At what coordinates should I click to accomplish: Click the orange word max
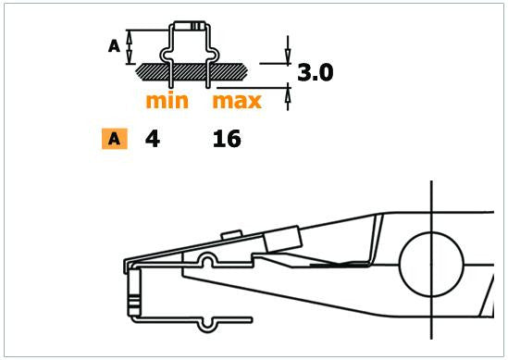237,99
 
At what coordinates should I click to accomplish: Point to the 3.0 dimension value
314,72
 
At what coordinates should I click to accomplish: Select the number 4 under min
152,140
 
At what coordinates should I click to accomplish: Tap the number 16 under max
227,140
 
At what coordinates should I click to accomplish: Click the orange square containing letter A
114,140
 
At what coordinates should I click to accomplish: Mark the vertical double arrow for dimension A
130,44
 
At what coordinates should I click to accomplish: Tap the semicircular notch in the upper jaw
211,259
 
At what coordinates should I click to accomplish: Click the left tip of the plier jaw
129,266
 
